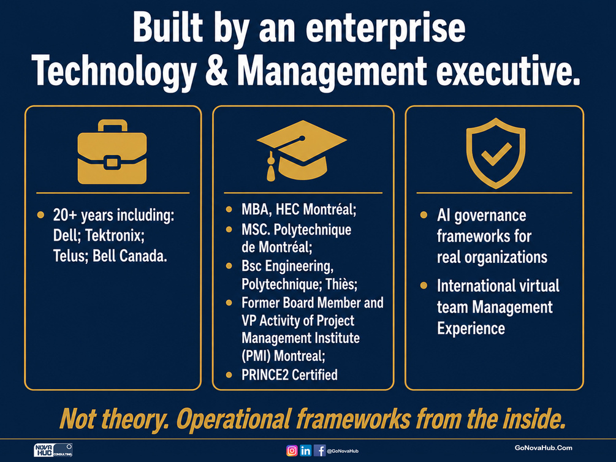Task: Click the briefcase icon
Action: (x=112, y=152)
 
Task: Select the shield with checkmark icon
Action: (x=496, y=153)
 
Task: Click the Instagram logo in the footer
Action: (x=292, y=450)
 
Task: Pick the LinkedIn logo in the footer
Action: (x=306, y=450)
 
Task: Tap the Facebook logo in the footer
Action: (x=319, y=450)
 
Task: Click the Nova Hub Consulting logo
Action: (x=53, y=450)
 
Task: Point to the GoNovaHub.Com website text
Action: (x=543, y=448)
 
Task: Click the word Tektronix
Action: (x=115, y=236)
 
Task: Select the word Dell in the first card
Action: (x=66, y=236)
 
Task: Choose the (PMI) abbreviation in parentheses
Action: (x=256, y=356)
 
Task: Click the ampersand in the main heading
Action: (x=216, y=71)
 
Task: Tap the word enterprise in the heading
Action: (x=386, y=28)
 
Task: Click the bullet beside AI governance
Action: (x=424, y=215)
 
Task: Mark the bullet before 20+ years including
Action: (x=40, y=215)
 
